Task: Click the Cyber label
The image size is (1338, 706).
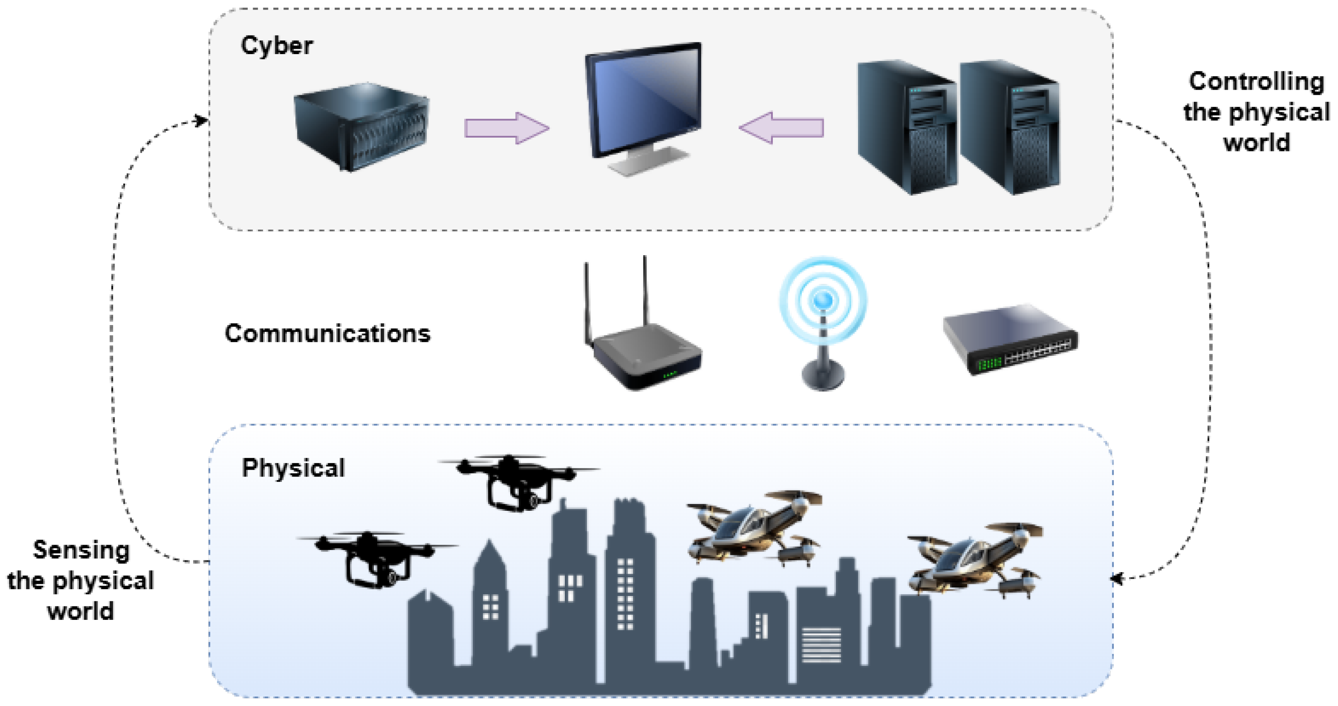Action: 277,46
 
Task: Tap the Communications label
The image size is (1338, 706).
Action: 327,333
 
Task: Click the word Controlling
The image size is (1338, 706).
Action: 1256,82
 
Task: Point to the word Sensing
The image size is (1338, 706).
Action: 81,550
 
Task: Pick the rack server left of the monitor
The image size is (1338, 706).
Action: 361,127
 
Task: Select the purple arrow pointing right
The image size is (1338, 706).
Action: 507,128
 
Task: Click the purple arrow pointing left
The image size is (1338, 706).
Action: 781,128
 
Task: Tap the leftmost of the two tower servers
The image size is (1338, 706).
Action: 906,127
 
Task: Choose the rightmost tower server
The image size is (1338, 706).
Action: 1009,127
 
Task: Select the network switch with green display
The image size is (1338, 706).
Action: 1010,340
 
